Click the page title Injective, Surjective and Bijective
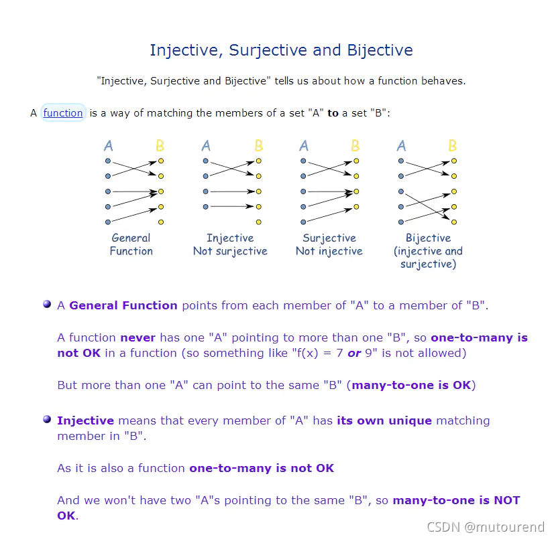click(x=281, y=50)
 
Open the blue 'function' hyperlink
click(x=63, y=112)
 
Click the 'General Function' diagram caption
click(x=131, y=244)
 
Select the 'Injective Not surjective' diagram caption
click(x=230, y=244)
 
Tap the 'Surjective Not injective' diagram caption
click(x=329, y=244)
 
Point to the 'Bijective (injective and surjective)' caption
click(x=428, y=251)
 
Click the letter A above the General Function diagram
click(x=109, y=145)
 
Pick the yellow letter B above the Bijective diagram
click(x=453, y=145)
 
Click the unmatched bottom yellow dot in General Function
click(x=161, y=222)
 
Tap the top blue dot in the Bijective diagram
click(x=401, y=161)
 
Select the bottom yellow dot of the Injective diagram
click(x=259, y=222)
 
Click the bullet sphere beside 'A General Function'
click(x=47, y=304)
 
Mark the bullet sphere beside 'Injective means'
click(x=47, y=419)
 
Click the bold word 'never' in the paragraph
click(x=137, y=337)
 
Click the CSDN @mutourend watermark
click(x=486, y=527)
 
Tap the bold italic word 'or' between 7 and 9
click(x=354, y=353)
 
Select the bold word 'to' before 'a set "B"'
click(x=333, y=113)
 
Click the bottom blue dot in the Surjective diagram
click(x=304, y=222)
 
